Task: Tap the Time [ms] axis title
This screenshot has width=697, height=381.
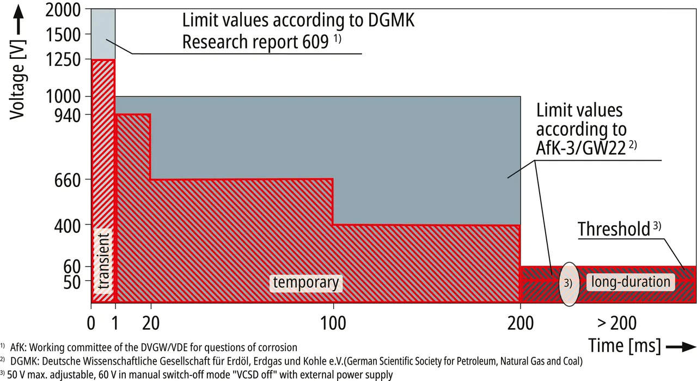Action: point(625,346)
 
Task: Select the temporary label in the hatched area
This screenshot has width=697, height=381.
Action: point(305,282)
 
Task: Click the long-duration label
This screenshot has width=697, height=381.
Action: point(630,282)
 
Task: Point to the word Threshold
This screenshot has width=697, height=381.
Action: point(614,229)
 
